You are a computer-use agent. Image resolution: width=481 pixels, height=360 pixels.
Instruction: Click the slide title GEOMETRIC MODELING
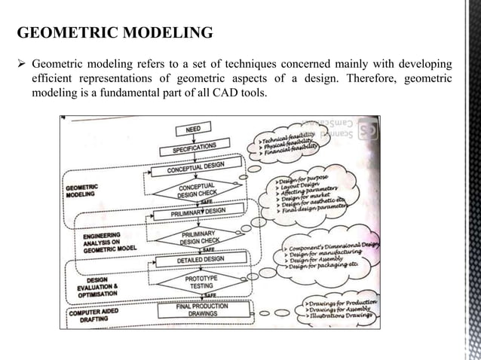tap(114, 33)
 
